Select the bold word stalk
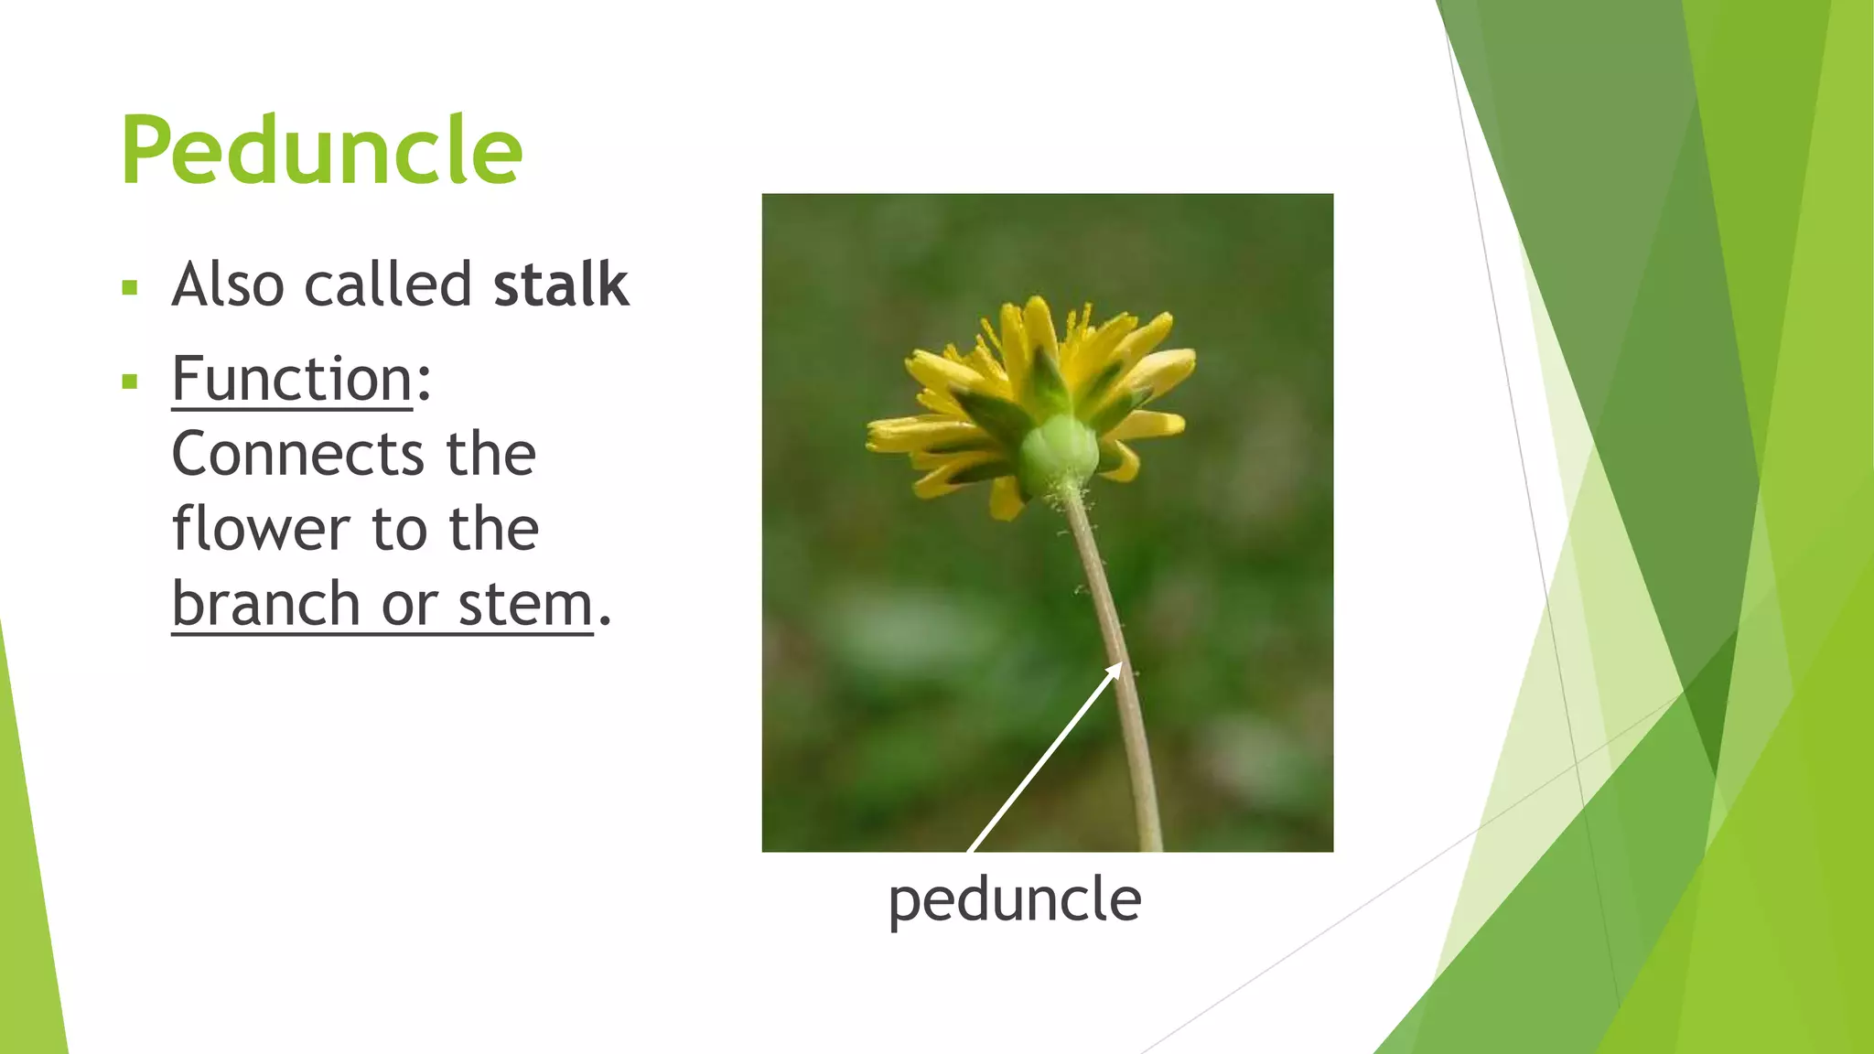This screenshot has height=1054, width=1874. [560, 285]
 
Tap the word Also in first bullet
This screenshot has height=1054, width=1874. [228, 285]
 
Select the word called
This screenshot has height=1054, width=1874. [388, 285]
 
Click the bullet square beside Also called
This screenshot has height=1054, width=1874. [129, 289]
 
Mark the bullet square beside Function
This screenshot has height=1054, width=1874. [129, 382]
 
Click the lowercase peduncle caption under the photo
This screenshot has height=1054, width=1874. [1014, 900]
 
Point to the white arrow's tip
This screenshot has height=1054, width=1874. [1120, 664]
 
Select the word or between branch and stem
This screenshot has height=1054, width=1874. [408, 606]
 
